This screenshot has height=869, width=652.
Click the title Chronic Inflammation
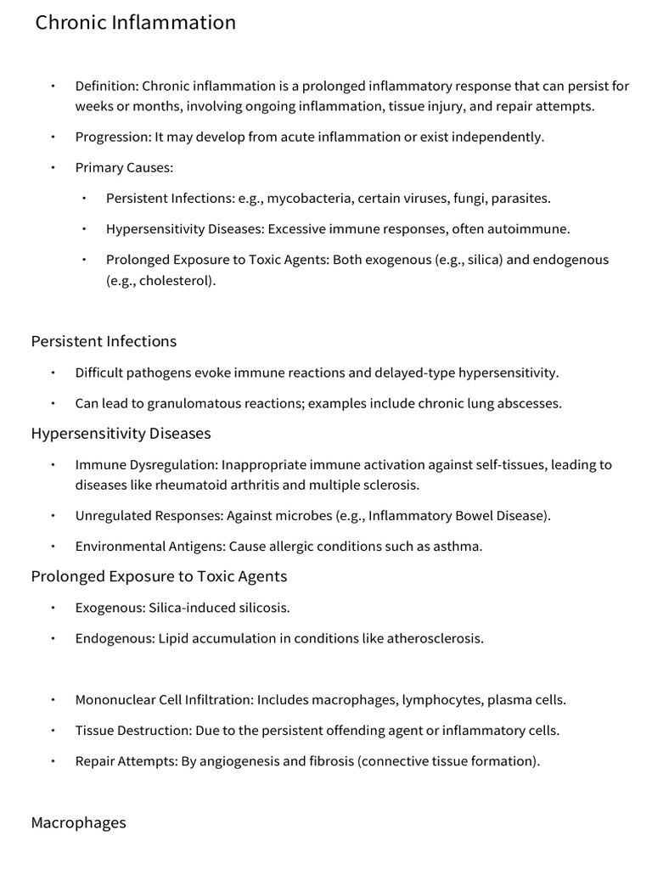point(136,23)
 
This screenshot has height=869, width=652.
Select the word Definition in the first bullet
point(105,86)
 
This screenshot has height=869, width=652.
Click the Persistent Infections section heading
point(104,341)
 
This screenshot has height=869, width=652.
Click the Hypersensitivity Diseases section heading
point(121,434)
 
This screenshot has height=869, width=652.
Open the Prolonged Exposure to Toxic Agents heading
point(159,577)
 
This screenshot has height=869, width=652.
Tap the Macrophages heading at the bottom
point(78,823)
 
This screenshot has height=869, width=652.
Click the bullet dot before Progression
point(53,137)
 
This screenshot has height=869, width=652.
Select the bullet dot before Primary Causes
point(53,168)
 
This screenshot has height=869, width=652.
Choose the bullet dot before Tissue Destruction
point(53,731)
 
